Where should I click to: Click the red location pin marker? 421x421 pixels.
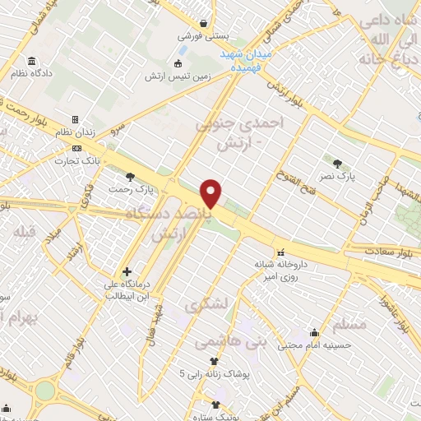pyautogui.click(x=211, y=193)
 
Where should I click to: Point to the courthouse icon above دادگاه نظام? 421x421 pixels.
pyautogui.click(x=32, y=62)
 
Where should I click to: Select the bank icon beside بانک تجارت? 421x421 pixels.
pyautogui.click(x=76, y=148)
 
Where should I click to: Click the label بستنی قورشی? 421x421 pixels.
pyautogui.click(x=201, y=37)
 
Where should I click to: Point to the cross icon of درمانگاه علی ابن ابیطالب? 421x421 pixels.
pyautogui.click(x=126, y=271)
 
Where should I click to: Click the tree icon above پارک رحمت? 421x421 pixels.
pyautogui.click(x=129, y=177)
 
